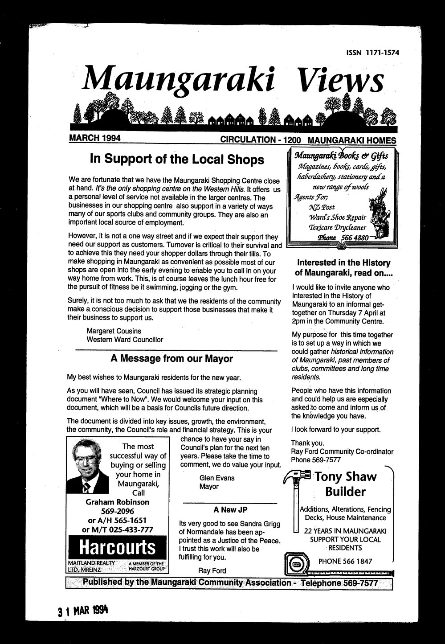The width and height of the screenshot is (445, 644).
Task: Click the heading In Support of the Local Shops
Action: [177, 159]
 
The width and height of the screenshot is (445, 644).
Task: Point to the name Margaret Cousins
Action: [114, 331]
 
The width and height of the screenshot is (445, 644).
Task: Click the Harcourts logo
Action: [117, 547]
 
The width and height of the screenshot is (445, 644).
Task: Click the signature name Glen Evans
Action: [217, 478]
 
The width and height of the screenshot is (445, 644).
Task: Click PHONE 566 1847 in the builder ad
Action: [345, 562]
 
